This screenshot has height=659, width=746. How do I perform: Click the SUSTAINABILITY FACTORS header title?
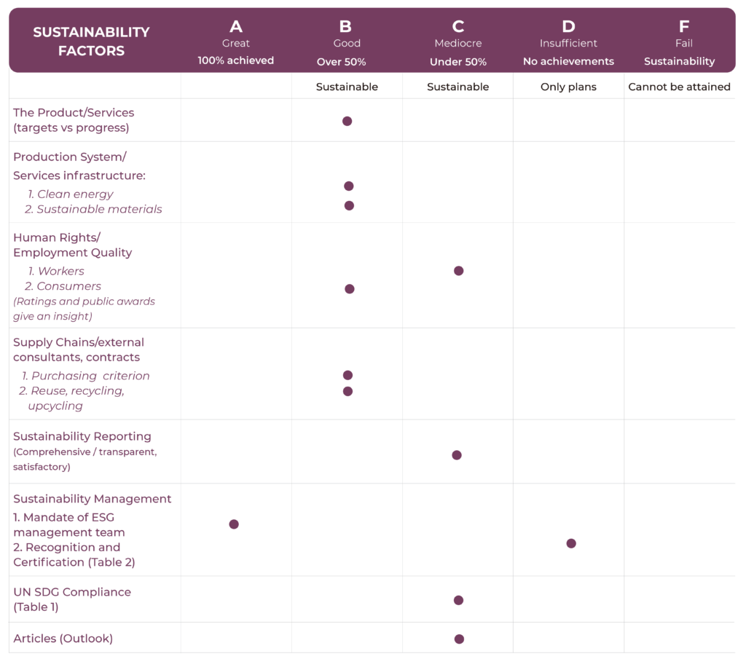pyautogui.click(x=91, y=42)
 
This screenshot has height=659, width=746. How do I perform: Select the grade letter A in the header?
pyautogui.click(x=235, y=27)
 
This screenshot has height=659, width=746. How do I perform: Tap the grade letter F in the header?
pyautogui.click(x=683, y=27)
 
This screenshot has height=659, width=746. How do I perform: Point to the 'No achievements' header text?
pyautogui.click(x=568, y=62)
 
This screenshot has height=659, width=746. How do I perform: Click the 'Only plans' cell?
pyautogui.click(x=568, y=87)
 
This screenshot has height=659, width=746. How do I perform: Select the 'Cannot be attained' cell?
pyautogui.click(x=679, y=87)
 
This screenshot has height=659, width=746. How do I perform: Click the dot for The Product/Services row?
pyautogui.click(x=347, y=121)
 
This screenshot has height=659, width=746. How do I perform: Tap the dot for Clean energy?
pyautogui.click(x=348, y=186)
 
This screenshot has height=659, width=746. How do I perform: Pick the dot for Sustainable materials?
pyautogui.click(x=349, y=206)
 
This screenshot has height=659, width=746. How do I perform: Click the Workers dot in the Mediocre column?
pyautogui.click(x=458, y=271)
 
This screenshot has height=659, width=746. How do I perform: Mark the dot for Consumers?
pyautogui.click(x=350, y=289)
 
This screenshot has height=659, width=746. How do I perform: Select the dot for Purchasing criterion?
pyautogui.click(x=348, y=375)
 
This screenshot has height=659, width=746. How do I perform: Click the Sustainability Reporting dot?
pyautogui.click(x=457, y=455)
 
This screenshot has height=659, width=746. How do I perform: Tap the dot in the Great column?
pyautogui.click(x=234, y=524)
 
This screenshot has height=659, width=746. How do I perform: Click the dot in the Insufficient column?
pyautogui.click(x=571, y=543)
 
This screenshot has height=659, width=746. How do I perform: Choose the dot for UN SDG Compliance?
pyautogui.click(x=458, y=600)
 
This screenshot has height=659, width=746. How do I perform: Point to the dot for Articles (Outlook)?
pyautogui.click(x=459, y=639)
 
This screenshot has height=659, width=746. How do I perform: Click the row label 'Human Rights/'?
pyautogui.click(x=57, y=237)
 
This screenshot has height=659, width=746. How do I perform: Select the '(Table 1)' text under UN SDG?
pyautogui.click(x=36, y=607)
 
